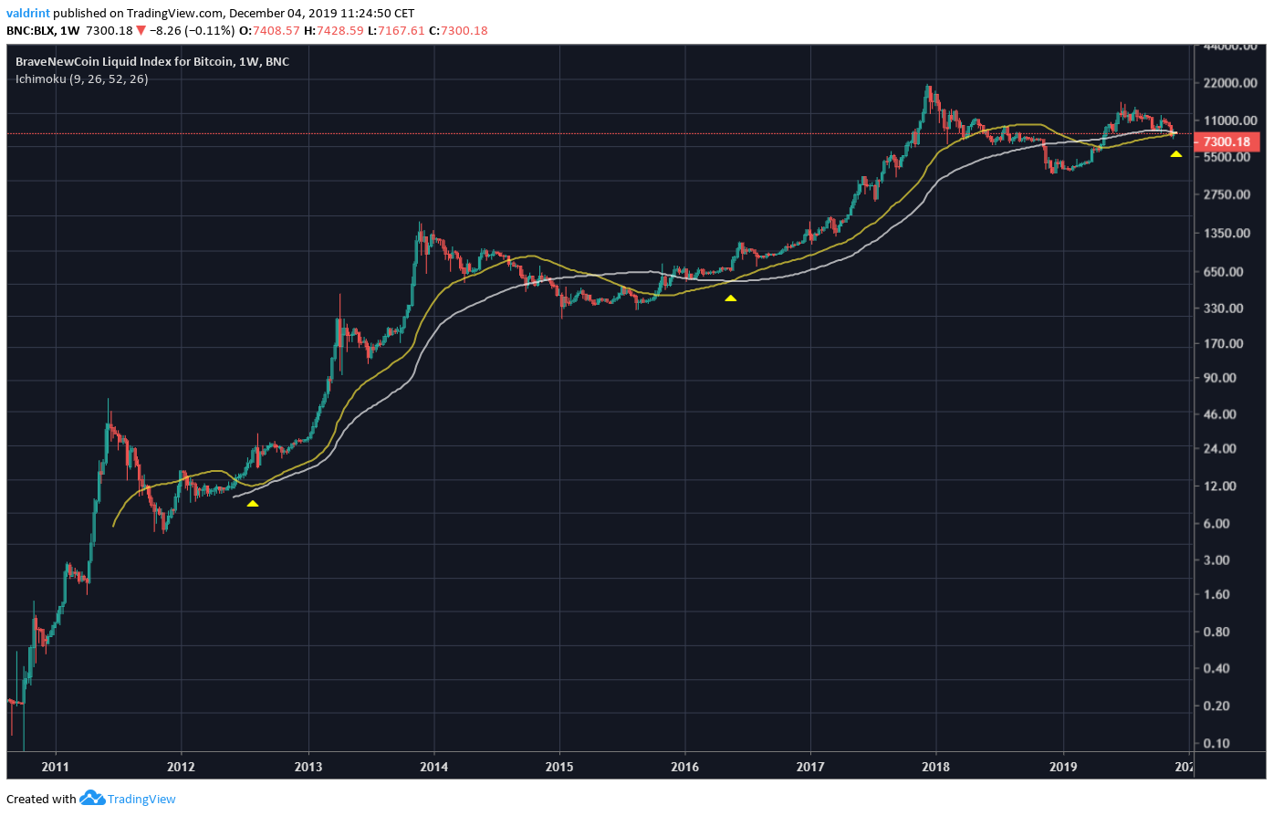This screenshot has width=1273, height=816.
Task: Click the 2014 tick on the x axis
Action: [x=433, y=766]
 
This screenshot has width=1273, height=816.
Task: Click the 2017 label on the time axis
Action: [x=810, y=766]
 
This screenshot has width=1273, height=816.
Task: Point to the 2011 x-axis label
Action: [x=55, y=766]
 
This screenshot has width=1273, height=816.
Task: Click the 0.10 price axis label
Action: [x=1216, y=743]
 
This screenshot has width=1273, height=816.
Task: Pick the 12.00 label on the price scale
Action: [x=1219, y=486]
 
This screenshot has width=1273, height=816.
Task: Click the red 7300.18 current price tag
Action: [x=1226, y=141]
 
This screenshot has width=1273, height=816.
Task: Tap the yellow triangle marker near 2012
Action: [x=253, y=503]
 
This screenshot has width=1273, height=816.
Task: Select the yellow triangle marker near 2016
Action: [x=730, y=298]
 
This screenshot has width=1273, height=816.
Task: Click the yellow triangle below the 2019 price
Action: [x=1176, y=154]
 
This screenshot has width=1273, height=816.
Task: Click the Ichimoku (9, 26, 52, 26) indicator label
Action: [x=81, y=78]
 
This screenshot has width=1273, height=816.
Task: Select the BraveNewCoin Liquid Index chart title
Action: [x=151, y=61]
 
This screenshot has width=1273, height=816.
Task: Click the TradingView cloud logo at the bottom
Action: [x=92, y=798]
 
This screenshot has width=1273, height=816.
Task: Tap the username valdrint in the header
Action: [x=27, y=13]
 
